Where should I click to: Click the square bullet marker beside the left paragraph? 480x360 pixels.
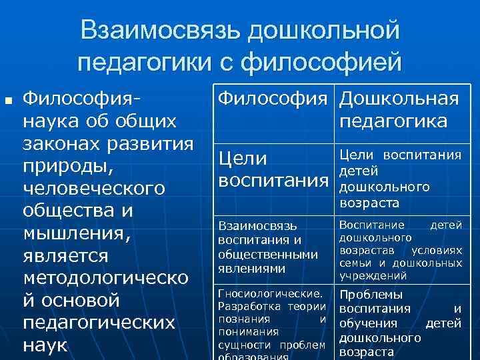pos(9,102)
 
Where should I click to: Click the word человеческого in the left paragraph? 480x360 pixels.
pos(93,189)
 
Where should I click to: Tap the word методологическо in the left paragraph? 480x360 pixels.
pos(105,278)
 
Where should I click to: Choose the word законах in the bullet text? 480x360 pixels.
pos(61,144)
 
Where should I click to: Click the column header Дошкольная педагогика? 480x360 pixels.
pos(399,111)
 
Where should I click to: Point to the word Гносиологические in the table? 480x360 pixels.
pos(271,293)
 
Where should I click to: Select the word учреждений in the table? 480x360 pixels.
pos(373,275)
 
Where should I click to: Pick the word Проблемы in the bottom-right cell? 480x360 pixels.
pos(371,295)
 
